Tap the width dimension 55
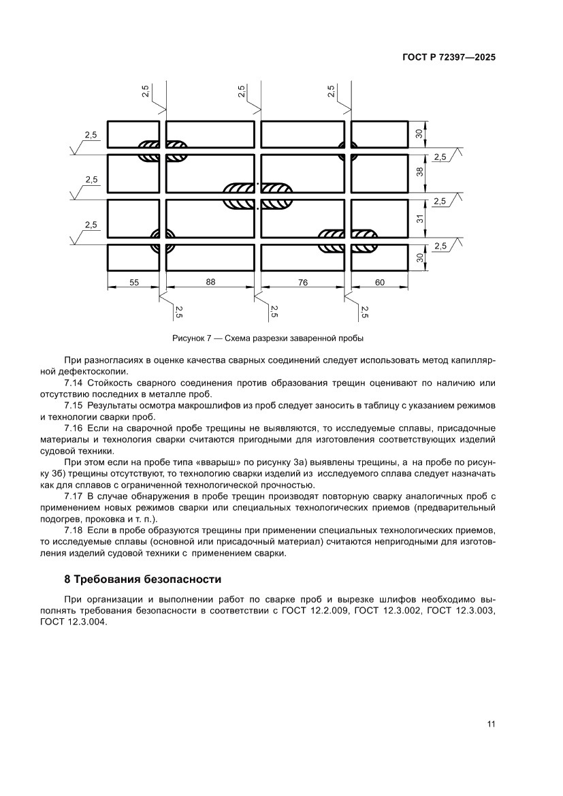pos(133,282)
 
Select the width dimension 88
pos(210,282)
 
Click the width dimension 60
pos(380,282)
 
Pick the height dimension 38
pos(420,173)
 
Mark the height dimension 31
pos(420,219)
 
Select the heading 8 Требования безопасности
pos(143,580)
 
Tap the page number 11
pos(491,724)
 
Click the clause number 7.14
pos(74,382)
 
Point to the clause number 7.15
pos(74,405)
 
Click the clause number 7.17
pos(74,496)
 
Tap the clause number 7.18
pos(74,530)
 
